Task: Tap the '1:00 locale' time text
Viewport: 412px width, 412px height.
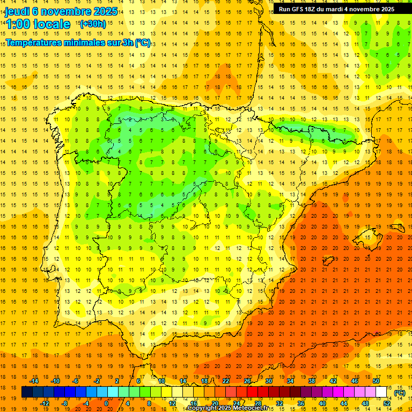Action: pos(38,24)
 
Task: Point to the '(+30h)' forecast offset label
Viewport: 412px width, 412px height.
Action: pos(93,24)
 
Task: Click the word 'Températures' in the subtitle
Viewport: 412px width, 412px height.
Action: pos(34,43)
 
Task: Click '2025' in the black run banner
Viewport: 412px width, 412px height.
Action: pos(385,9)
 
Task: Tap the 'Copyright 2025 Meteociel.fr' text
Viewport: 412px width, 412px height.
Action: pos(227,408)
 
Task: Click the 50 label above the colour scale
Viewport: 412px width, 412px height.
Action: pos(376,381)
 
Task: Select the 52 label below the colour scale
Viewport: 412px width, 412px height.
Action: pos(386,403)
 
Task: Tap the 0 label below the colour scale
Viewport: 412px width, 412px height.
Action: pos(106,403)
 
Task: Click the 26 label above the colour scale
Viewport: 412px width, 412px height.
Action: pos(247,381)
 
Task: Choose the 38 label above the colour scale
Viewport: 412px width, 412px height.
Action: pos(311,381)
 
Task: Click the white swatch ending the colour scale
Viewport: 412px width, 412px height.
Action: pos(381,392)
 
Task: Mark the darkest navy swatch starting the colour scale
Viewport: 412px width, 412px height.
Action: pos(27,392)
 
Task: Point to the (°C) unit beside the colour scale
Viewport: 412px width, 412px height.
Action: pos(399,393)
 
